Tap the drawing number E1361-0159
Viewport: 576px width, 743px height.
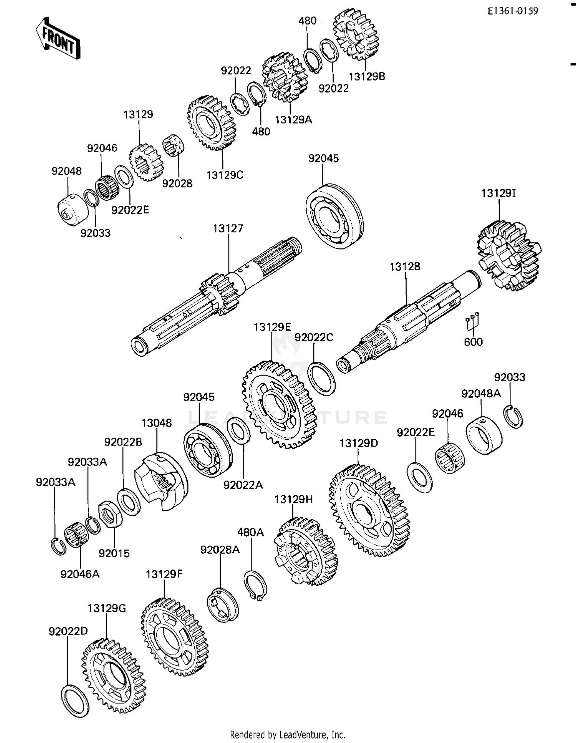click(513, 11)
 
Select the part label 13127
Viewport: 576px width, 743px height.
click(228, 228)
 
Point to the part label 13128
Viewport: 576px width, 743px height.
click(405, 266)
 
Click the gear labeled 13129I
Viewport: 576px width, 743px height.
click(509, 256)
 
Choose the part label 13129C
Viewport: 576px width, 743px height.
click(225, 175)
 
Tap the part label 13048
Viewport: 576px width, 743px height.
click(157, 423)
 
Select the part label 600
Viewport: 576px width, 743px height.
click(473, 342)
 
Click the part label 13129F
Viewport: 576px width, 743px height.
click(164, 574)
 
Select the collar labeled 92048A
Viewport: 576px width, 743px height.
click(484, 435)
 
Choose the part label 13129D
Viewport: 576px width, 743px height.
click(359, 443)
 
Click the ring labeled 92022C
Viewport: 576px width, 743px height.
click(322, 379)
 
